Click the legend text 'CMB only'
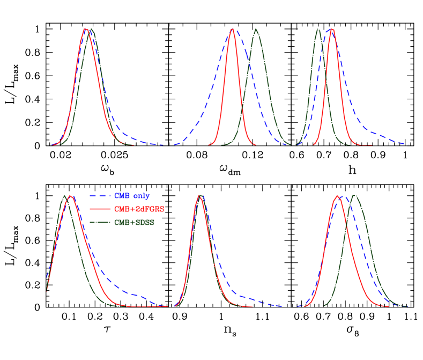point(132,196)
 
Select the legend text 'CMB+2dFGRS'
point(139,209)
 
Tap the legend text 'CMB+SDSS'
point(134,223)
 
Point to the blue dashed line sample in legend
point(100,196)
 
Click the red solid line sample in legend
point(100,209)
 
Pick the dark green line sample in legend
point(100,223)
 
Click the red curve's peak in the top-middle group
point(232,29)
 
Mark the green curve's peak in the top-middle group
point(256,29)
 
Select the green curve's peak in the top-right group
point(318,29)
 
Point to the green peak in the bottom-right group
point(354,195)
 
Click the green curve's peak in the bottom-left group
point(65,195)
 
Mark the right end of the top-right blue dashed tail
point(407,144)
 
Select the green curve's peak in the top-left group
point(91,29)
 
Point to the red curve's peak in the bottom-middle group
point(199,195)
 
